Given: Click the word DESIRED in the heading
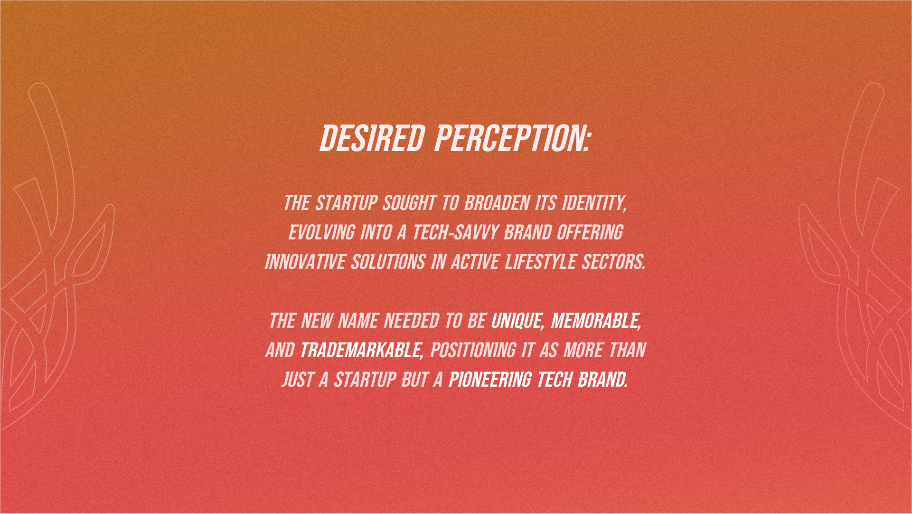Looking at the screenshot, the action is pos(372,139).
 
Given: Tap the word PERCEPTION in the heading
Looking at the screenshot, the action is pos(512,139).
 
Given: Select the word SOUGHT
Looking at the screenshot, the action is pos(409,203).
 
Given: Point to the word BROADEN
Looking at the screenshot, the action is pos(497,203).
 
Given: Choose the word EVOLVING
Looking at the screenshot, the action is pos(321,233).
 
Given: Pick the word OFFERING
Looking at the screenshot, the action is pos(590,233).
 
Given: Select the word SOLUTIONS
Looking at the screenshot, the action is pos(388,262).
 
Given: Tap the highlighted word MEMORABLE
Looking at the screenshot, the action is pos(596,321).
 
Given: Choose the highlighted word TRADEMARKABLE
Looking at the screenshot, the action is pos(361,351).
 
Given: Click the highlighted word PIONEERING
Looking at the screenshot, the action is pos(490,380).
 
